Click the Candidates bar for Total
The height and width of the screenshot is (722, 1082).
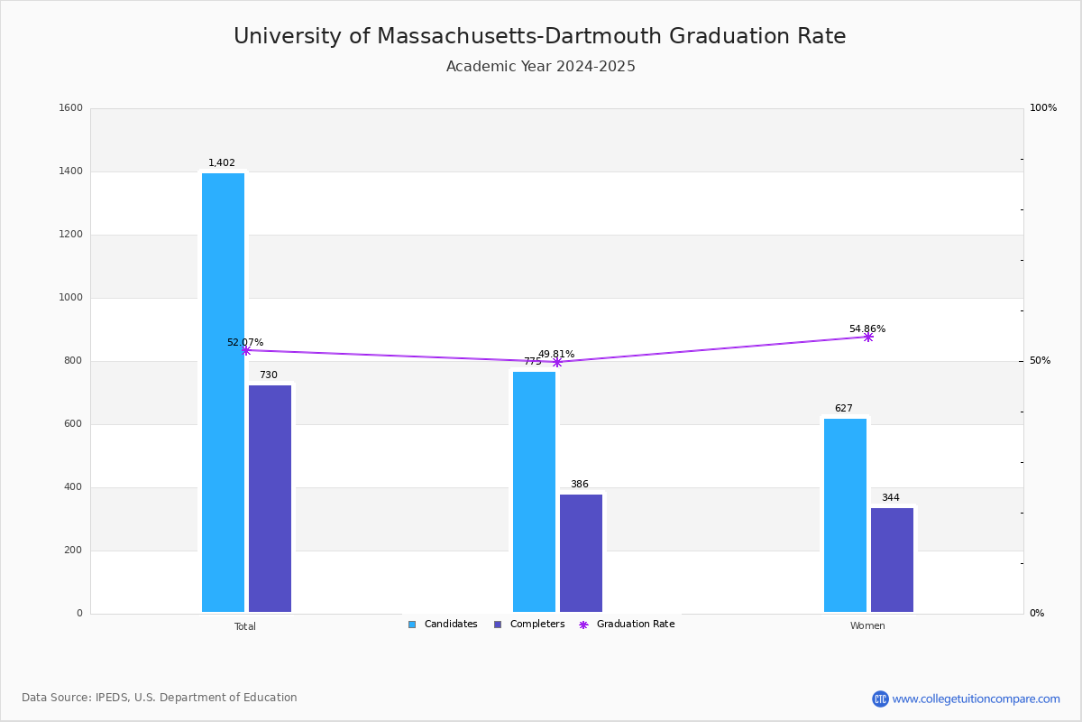[x=224, y=393]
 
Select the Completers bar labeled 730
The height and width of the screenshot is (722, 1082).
[x=270, y=498]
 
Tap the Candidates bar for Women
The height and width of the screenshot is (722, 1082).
[x=846, y=515]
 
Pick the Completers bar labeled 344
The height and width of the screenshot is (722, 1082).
[x=892, y=560]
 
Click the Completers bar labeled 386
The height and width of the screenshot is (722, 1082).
[x=581, y=553]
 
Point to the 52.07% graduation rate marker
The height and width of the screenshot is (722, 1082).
[x=246, y=350]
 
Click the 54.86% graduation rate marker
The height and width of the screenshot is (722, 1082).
[x=868, y=337]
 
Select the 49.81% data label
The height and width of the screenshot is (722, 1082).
[x=556, y=354]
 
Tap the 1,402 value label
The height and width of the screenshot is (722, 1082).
[x=222, y=162]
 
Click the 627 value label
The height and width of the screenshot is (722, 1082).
[x=844, y=408]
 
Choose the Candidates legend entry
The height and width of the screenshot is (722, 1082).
[x=443, y=624]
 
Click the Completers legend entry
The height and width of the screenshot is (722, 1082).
[x=529, y=624]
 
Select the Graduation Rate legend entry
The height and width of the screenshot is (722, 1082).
[x=627, y=624]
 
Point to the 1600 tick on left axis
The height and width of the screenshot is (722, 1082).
[x=71, y=107]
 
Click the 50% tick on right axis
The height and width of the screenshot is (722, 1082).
[x=1040, y=360]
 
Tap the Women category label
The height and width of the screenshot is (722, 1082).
[x=867, y=625]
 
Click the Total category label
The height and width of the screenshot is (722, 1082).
[x=245, y=626]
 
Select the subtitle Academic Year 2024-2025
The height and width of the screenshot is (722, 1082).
[x=540, y=66]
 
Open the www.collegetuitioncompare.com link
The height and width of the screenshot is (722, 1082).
[x=977, y=699]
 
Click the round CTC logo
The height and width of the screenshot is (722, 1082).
[x=880, y=699]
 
